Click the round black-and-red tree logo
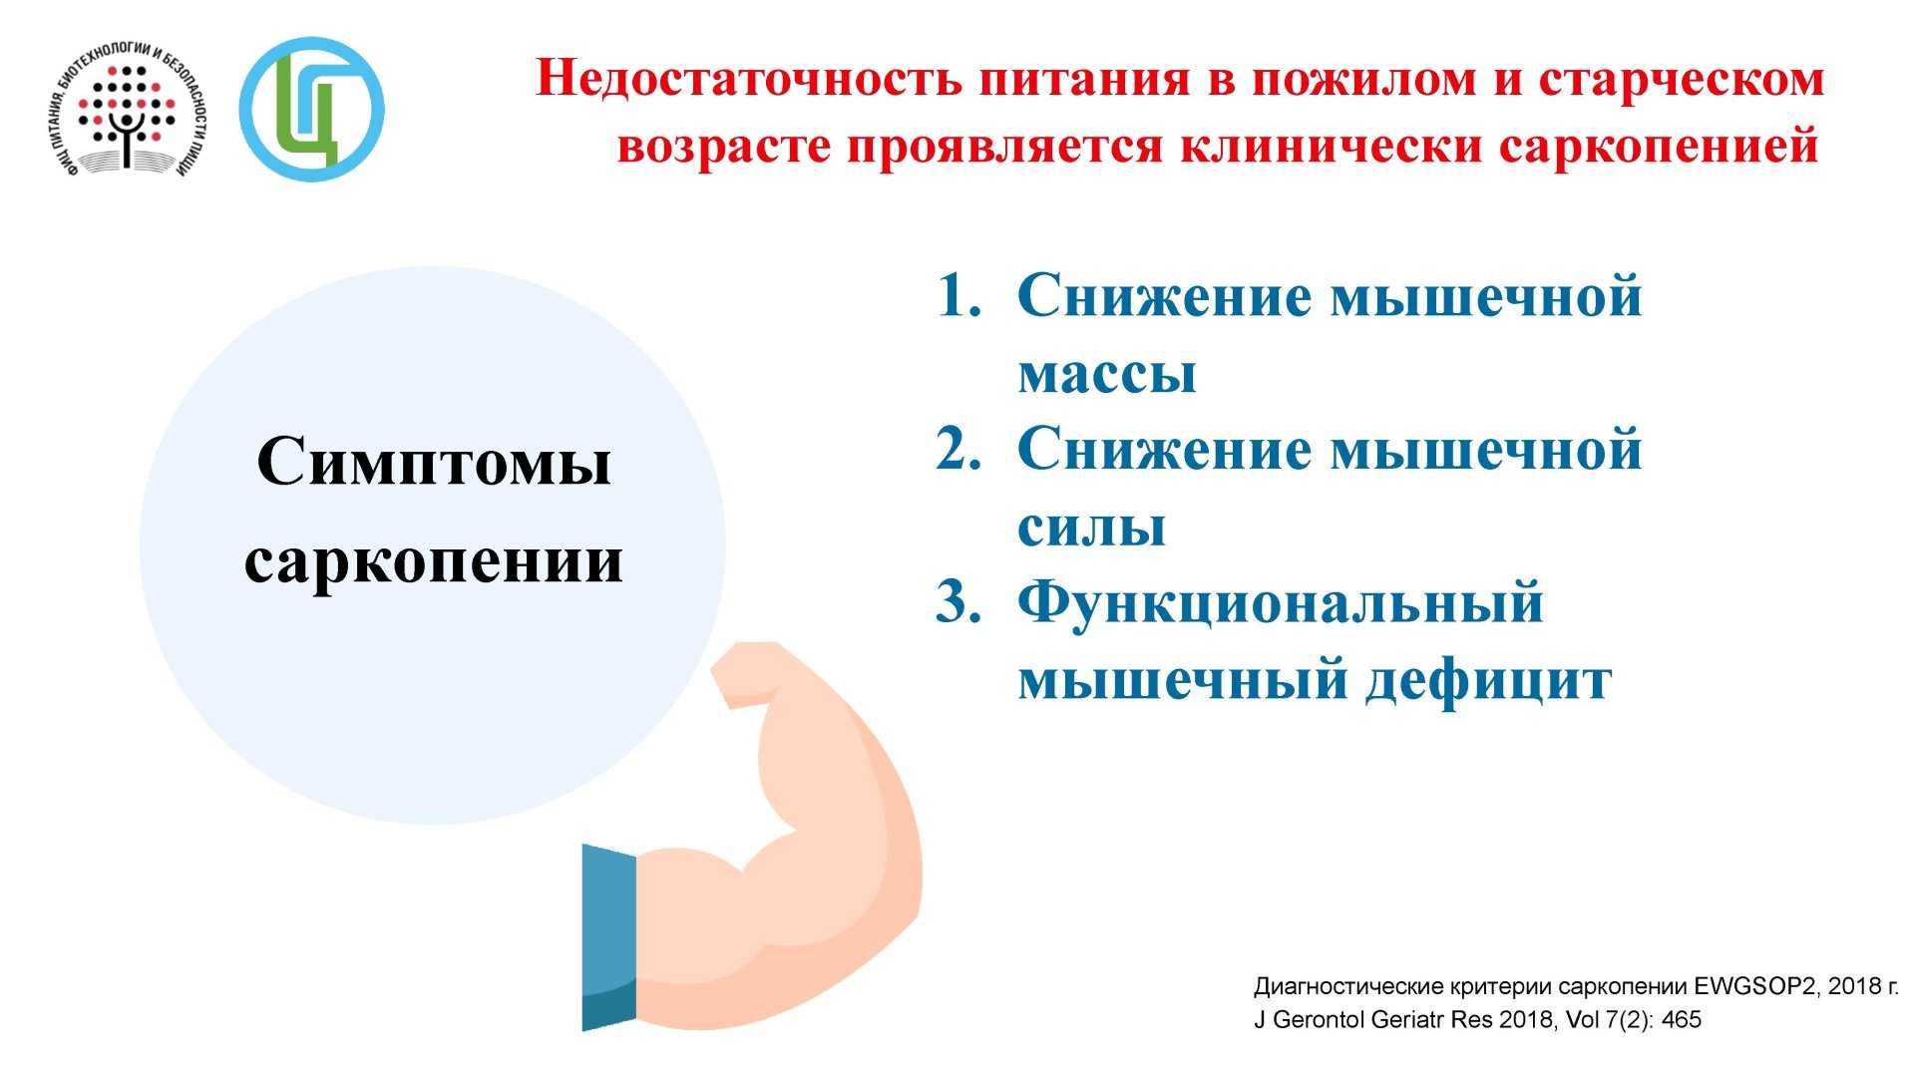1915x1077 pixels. tap(129, 110)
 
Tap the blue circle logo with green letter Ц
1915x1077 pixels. tap(311, 110)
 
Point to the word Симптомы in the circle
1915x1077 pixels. tap(434, 462)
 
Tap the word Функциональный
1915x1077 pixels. tap(1281, 604)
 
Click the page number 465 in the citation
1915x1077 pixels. tap(1682, 1020)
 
